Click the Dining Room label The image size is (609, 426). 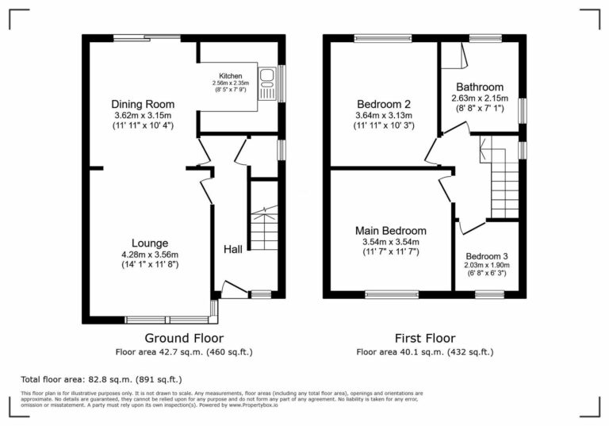pos(143,105)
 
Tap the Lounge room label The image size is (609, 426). pos(150,243)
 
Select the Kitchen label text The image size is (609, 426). pos(230,76)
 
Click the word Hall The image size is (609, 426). pos(232,250)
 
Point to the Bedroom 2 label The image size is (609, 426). pos(384,105)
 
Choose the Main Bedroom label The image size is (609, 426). pos(390,231)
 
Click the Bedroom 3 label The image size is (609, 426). pos(486,256)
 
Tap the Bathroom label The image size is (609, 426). pos(478,87)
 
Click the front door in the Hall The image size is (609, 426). pos(234,290)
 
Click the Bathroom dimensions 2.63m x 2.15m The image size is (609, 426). pos(479,98)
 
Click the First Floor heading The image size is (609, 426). pos(424,338)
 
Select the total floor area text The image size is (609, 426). pos(101,380)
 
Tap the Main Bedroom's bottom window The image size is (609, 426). pos(392,294)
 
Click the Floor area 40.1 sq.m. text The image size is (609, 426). pos(424,351)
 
